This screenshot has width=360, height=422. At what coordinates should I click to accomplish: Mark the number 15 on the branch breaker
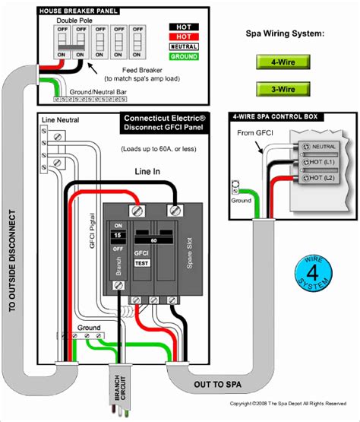coord(118,236)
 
